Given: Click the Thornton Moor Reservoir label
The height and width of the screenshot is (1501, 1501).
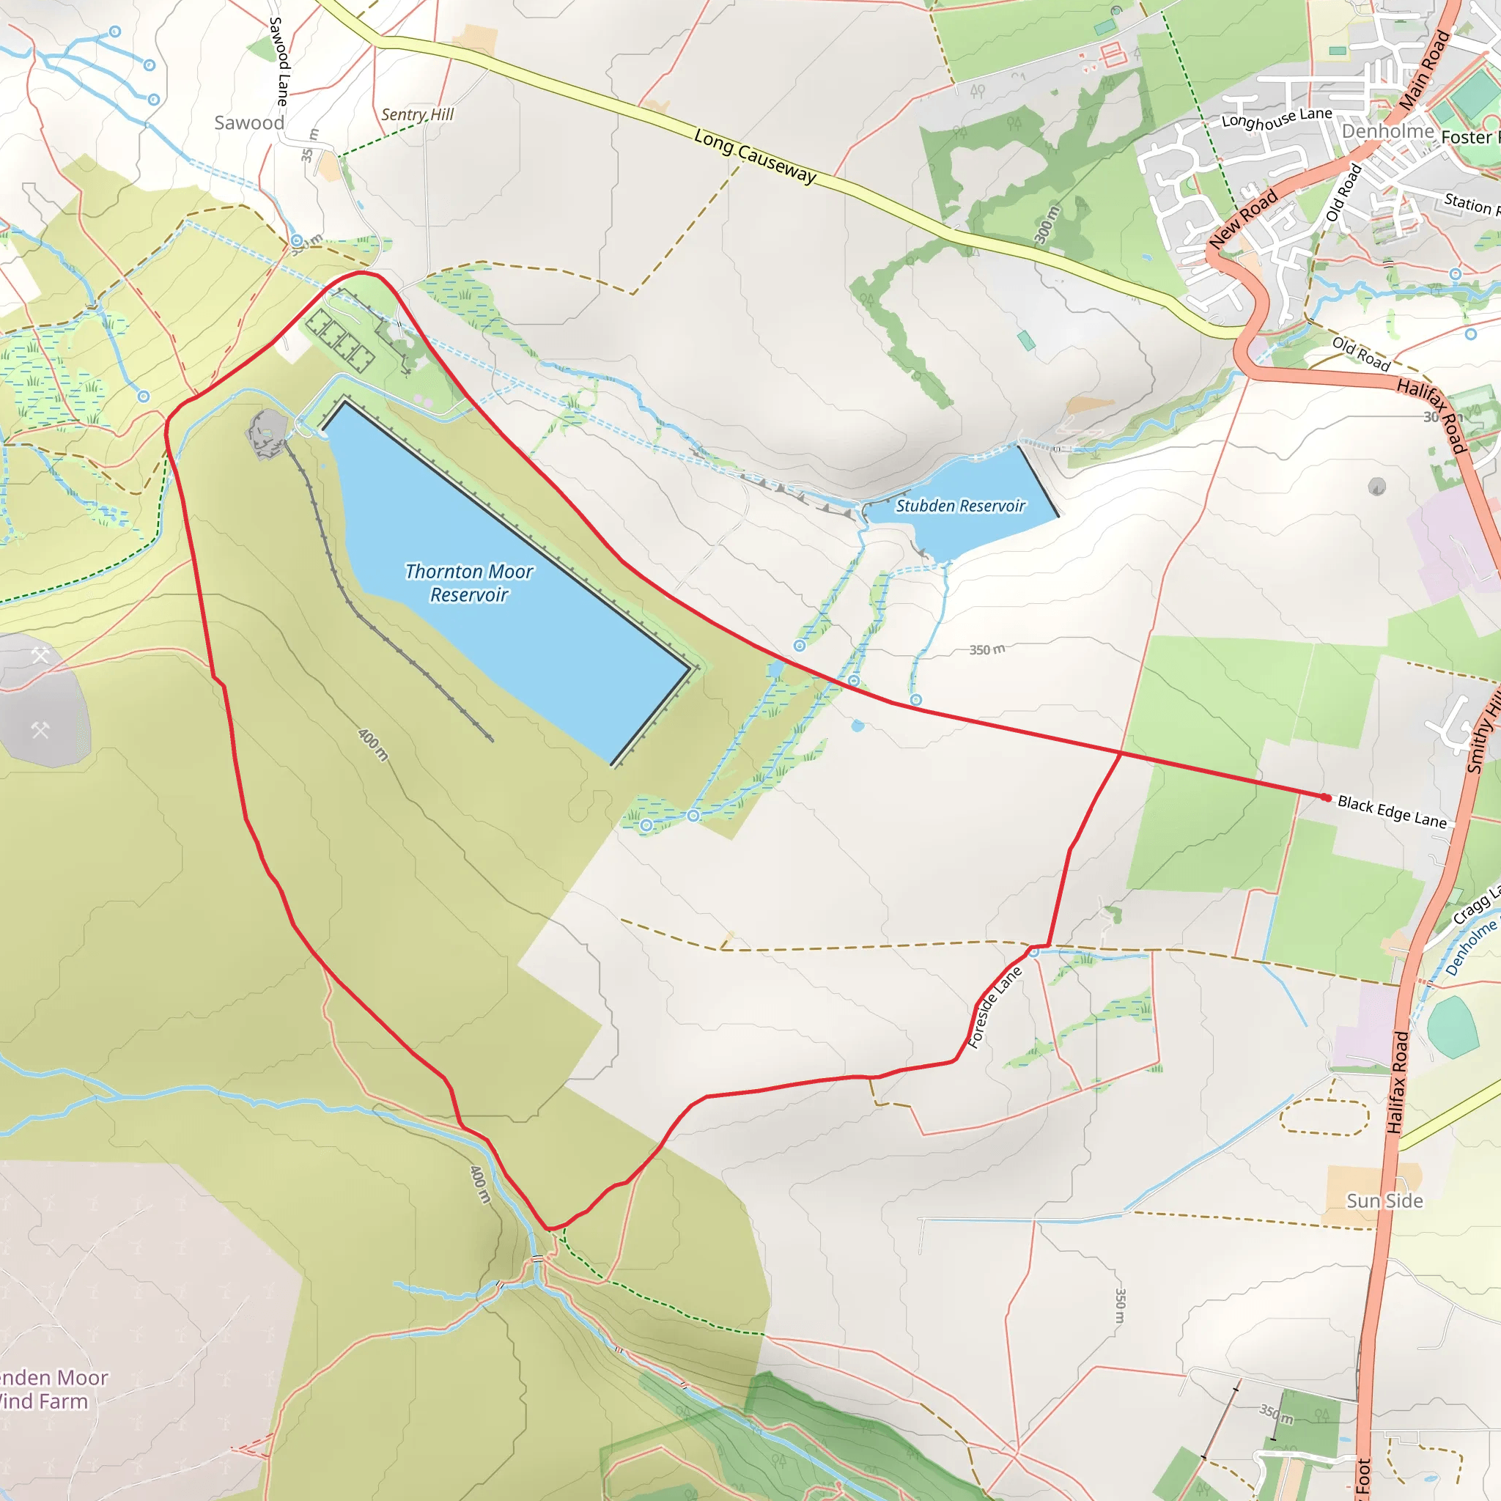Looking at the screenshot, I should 468,583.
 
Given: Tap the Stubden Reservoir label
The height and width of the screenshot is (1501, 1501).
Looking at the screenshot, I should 960,506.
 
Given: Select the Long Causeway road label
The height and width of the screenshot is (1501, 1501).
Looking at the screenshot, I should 755,156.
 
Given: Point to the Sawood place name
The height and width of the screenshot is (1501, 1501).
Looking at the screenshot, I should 248,122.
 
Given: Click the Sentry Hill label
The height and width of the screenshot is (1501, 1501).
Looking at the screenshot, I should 417,114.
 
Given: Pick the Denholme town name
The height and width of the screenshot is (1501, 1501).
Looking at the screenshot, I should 1387,131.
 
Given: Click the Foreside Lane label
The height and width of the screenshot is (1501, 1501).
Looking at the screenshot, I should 995,1007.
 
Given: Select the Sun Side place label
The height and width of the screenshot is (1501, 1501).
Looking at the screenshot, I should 1384,1201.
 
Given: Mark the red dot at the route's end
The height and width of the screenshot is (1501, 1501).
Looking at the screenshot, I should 1326,797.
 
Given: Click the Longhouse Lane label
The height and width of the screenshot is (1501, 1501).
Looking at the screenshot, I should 1277,118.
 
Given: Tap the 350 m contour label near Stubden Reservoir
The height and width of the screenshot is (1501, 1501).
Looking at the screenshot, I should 986,649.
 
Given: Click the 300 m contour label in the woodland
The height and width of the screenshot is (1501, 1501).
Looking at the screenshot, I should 1047,224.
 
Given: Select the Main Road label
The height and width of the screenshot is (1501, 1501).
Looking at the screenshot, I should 1424,70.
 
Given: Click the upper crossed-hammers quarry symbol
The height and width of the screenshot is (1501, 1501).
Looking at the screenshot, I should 40,655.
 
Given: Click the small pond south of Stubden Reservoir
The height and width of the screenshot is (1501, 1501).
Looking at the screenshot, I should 857,726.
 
